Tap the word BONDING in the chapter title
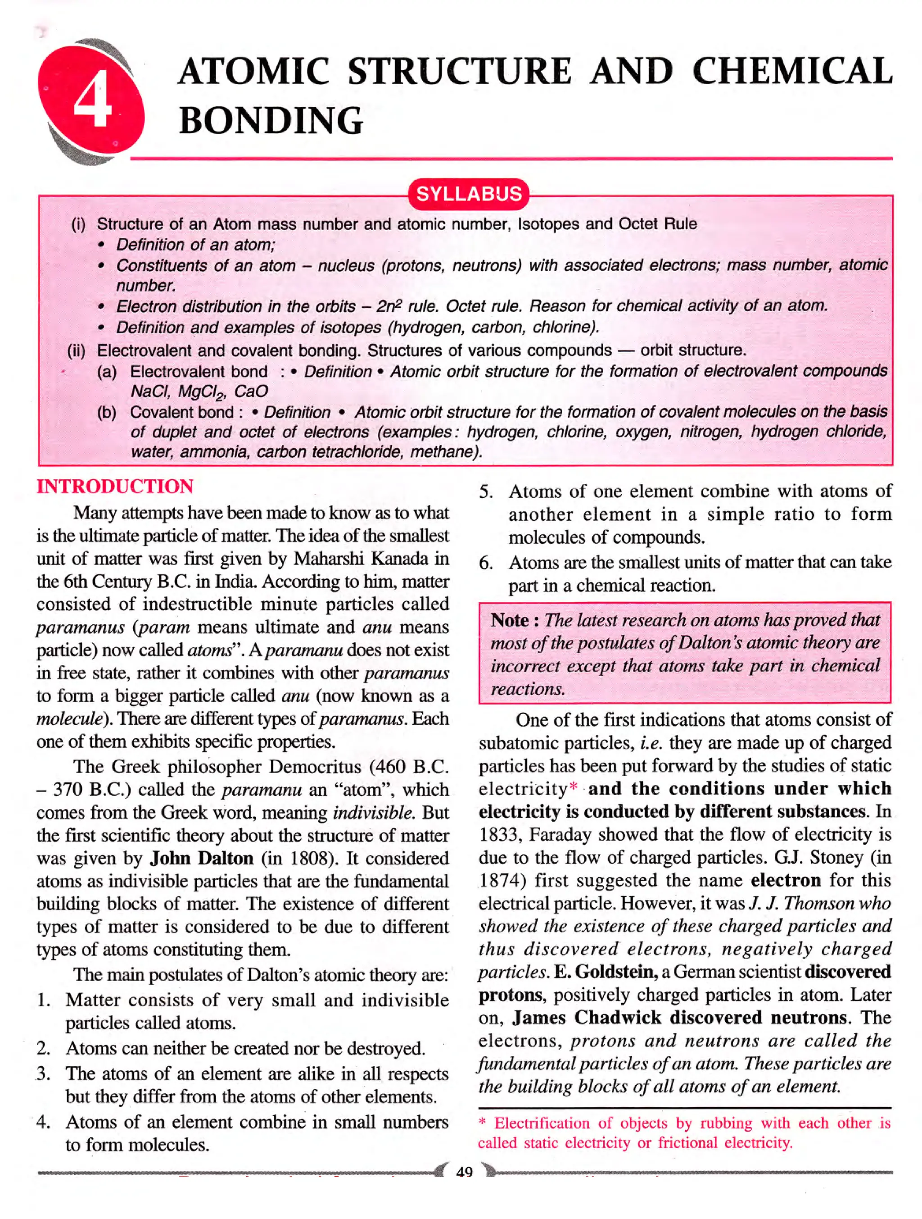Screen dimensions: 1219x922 point(271,121)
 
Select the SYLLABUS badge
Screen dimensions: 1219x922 point(469,194)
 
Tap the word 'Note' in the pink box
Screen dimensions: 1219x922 point(510,620)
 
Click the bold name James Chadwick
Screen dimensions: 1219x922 point(587,1018)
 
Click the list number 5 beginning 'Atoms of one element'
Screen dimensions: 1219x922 point(485,492)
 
